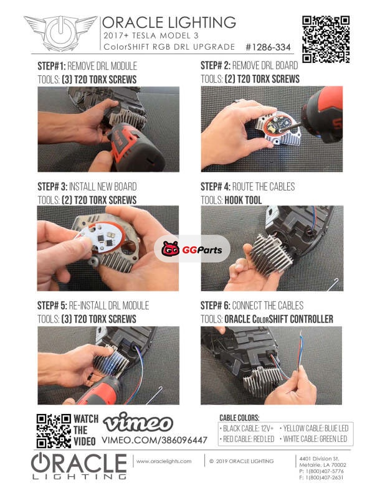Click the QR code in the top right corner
[x=326, y=39]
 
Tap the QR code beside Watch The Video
[x=54, y=431]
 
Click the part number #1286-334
[x=268, y=47]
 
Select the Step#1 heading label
[x=52, y=66]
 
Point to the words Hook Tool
[x=243, y=200]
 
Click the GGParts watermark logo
[x=192, y=249]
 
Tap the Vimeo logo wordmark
[x=138, y=423]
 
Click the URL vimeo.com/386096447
[x=154, y=440]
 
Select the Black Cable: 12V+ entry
[x=246, y=428]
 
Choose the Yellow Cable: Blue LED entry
[x=314, y=428]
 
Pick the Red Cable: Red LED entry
[x=247, y=439]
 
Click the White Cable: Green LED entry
[x=313, y=439]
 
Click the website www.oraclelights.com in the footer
[x=164, y=461]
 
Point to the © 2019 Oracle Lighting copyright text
[x=241, y=461]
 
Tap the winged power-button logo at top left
[x=60, y=32]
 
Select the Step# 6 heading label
[x=215, y=306]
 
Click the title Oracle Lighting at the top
[x=169, y=22]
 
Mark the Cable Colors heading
[x=239, y=418]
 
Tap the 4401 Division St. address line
[x=319, y=459]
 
